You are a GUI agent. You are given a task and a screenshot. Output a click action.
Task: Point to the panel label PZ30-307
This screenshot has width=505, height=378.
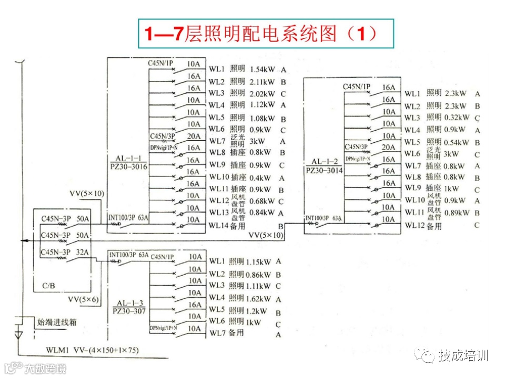(x=129, y=311)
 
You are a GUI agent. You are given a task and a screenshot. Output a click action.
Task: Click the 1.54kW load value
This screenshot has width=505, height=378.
(x=262, y=69)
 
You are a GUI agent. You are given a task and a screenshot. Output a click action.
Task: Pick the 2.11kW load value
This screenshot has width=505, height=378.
(x=262, y=82)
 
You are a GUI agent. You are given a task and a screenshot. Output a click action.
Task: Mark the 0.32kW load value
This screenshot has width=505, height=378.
(x=456, y=117)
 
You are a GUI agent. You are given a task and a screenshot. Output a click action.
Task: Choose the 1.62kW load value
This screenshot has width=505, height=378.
(x=258, y=298)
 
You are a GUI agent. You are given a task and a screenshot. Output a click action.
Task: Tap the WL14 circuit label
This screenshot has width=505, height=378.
(x=218, y=225)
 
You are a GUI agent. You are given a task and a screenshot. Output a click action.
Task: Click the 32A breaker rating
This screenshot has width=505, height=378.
(x=82, y=253)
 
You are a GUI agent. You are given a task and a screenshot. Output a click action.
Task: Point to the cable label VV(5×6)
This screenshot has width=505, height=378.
(x=83, y=299)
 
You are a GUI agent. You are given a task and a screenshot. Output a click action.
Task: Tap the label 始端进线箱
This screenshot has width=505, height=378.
(x=56, y=322)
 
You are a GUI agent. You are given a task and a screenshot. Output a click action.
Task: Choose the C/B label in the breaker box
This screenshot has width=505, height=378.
(x=48, y=286)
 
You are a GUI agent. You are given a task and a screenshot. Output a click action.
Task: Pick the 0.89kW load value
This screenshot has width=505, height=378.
(x=457, y=213)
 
